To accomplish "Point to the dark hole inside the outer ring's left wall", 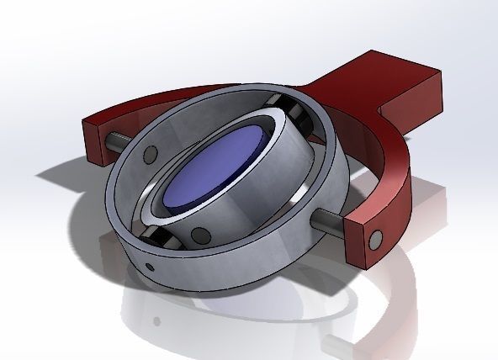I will click(x=150, y=155).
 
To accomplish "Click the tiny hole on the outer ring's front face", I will click(x=150, y=267).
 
